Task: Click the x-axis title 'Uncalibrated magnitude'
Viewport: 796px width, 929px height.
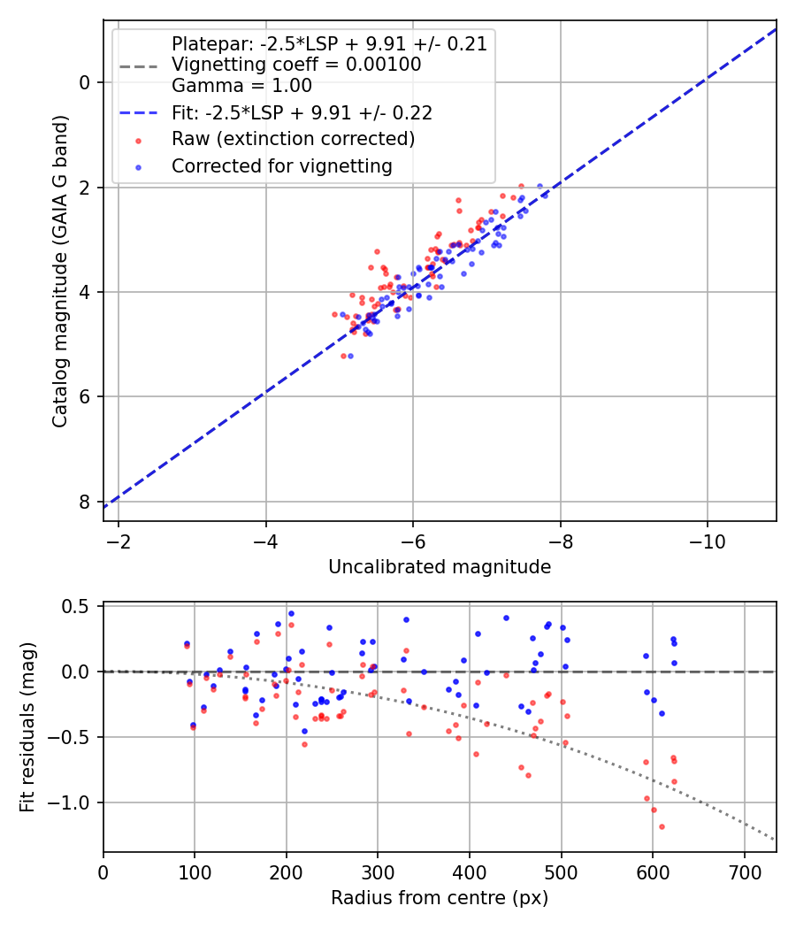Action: tap(440, 567)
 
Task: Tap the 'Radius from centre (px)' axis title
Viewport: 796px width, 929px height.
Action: tap(440, 898)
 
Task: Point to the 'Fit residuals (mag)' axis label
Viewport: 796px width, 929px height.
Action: tap(27, 727)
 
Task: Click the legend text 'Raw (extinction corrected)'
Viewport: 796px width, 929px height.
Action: tap(293, 139)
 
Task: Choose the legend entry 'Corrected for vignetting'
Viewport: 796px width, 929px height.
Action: tap(281, 165)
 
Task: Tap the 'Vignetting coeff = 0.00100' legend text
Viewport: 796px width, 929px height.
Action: tap(296, 65)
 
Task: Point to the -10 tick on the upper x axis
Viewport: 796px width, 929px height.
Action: tap(707, 540)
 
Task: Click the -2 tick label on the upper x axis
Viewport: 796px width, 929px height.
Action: tap(119, 540)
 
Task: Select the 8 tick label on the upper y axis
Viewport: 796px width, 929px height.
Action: tap(84, 502)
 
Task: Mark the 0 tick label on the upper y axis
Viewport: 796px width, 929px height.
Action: tap(84, 83)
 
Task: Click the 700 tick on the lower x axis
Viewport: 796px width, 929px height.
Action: tap(744, 871)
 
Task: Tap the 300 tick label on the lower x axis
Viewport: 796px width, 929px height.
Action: tap(378, 871)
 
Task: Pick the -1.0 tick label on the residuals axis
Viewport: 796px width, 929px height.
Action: tap(72, 802)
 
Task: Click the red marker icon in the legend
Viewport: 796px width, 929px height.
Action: tap(137, 140)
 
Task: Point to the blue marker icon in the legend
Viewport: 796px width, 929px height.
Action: tap(137, 166)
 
